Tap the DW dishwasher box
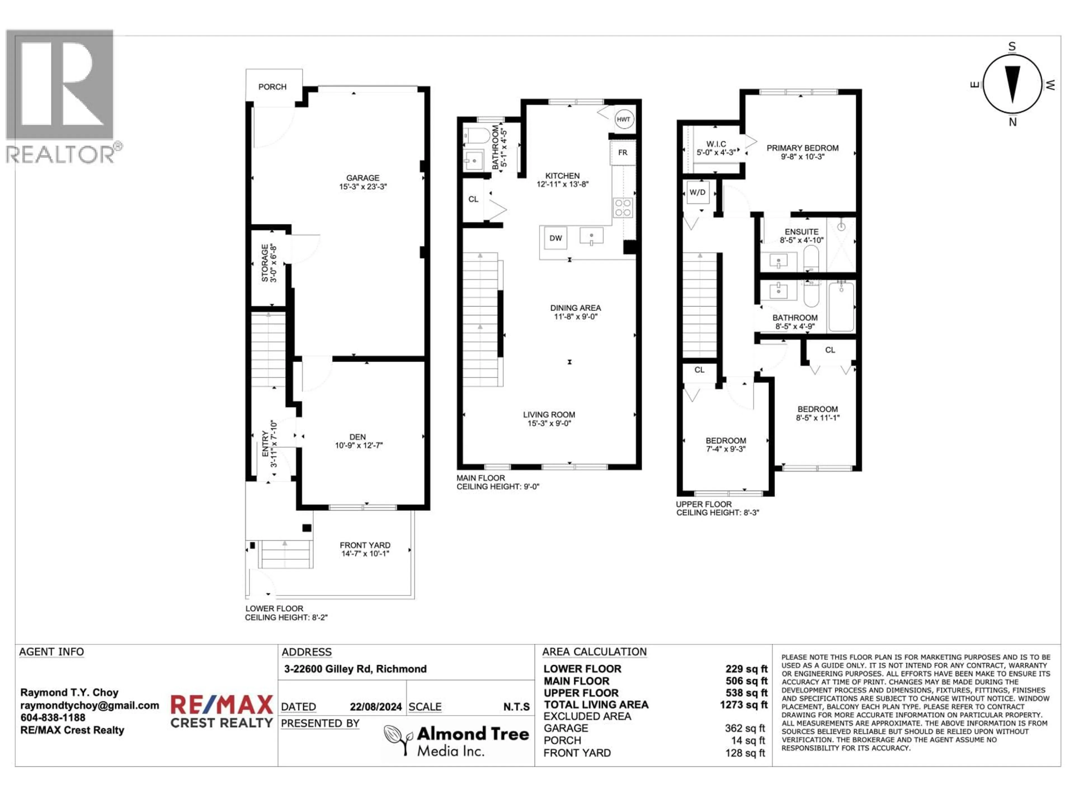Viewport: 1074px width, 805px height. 555,238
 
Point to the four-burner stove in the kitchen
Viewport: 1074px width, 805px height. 623,208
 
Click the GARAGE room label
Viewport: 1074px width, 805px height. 363,178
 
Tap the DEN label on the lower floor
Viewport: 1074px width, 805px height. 358,437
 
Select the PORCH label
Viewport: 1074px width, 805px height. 272,87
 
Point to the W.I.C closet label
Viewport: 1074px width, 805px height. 716,144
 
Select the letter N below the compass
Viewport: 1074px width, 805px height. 1012,122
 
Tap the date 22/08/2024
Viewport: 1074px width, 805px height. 376,707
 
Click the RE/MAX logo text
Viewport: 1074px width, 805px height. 222,705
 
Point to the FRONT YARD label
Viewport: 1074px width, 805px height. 365,545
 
